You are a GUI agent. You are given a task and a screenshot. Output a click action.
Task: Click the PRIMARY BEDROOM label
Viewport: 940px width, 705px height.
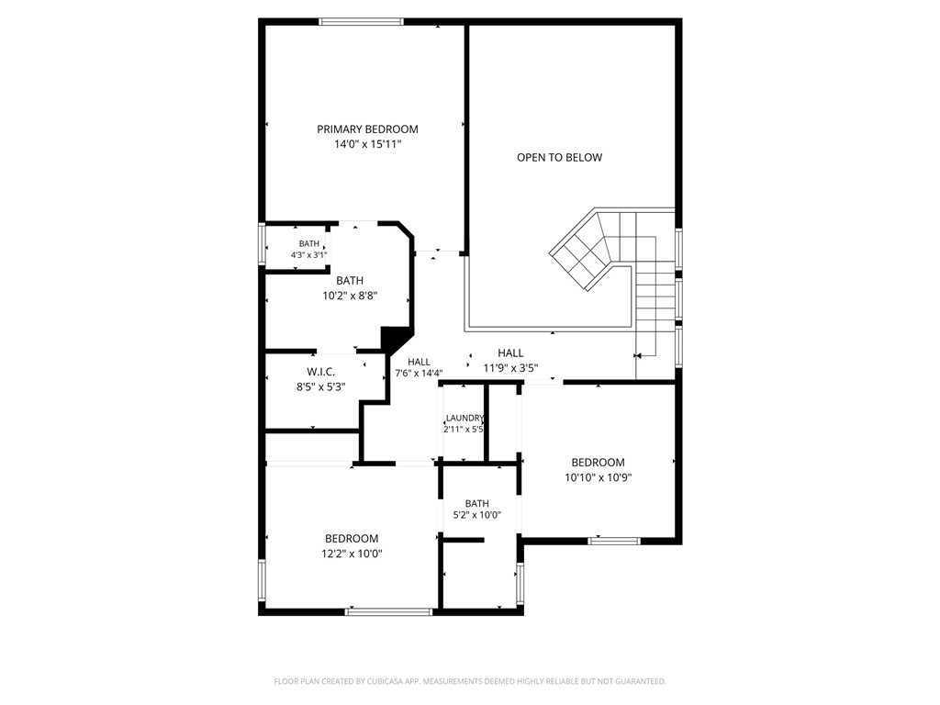(x=367, y=129)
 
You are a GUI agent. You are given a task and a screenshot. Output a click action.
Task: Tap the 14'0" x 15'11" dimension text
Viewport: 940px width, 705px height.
(x=367, y=144)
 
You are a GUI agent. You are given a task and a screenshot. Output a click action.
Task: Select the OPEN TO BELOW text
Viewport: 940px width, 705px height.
(x=559, y=157)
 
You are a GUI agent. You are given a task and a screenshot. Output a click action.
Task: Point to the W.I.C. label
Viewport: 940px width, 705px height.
(x=320, y=373)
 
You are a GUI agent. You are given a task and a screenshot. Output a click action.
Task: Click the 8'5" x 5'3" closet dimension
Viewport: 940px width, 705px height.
(x=320, y=387)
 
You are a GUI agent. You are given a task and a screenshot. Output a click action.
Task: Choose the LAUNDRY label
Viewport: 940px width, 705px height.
(x=464, y=418)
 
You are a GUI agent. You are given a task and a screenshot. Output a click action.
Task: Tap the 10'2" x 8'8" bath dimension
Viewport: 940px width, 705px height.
(x=350, y=295)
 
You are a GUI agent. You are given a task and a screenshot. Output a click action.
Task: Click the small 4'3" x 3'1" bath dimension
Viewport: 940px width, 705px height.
(x=308, y=255)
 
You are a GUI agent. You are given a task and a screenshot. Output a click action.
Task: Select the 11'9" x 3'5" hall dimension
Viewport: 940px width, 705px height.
(x=510, y=368)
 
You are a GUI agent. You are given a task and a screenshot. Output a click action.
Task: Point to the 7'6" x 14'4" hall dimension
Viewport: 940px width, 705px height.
(x=419, y=373)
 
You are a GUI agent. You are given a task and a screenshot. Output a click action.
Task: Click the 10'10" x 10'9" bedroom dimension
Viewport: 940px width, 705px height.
(x=598, y=477)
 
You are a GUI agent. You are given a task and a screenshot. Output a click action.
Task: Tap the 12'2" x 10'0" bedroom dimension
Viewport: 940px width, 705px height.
(x=352, y=554)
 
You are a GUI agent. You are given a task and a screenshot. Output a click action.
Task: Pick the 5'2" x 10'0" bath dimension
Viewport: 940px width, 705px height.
(x=476, y=515)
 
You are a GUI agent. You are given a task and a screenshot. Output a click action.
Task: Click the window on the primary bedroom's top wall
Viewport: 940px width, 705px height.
(x=361, y=22)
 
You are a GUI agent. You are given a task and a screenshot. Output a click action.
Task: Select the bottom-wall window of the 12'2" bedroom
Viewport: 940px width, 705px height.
(x=389, y=611)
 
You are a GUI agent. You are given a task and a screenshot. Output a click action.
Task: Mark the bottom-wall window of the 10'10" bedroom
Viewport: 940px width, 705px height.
(x=614, y=541)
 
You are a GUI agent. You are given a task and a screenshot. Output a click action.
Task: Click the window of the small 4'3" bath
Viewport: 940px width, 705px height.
(x=262, y=243)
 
